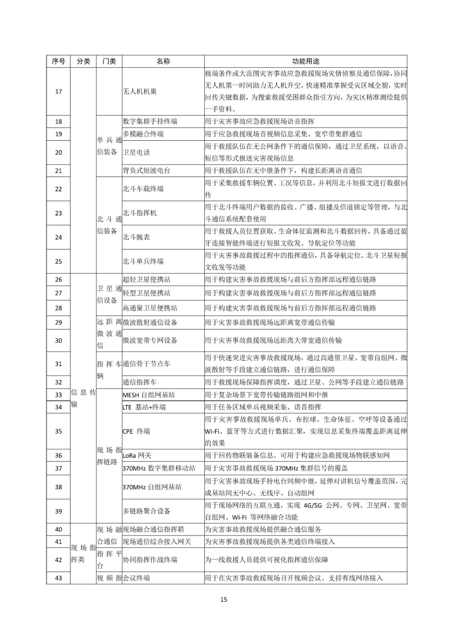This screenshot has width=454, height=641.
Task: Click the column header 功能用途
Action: point(306,61)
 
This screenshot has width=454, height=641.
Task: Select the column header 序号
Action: point(58,61)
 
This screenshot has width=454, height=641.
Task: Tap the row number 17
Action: point(58,92)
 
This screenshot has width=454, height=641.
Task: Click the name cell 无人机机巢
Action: point(140,92)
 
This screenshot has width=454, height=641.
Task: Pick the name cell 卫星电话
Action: point(136,152)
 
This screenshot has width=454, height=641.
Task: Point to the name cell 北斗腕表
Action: point(136,237)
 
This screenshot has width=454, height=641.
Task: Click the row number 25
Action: point(58,261)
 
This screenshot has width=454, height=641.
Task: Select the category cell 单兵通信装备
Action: point(109,146)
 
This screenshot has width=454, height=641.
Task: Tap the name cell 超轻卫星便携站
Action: point(146,280)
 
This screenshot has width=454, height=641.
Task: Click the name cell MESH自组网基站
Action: point(149,395)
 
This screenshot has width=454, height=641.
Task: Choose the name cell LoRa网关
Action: point(137,455)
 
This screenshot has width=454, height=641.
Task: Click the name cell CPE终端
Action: point(136,431)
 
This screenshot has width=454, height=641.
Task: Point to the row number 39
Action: point(58,511)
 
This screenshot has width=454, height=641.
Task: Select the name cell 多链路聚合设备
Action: point(146,511)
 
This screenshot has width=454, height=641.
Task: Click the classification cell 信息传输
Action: point(83,398)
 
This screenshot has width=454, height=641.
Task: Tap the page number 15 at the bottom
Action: point(224,599)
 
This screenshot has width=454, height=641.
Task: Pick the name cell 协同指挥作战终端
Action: point(150,560)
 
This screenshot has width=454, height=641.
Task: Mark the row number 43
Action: point(58,578)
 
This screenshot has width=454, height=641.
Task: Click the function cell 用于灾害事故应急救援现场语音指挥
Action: point(259,121)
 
